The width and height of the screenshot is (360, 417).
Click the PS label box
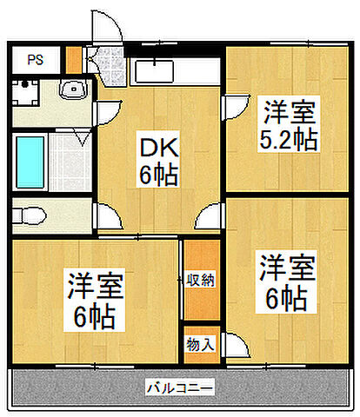coord(35,60)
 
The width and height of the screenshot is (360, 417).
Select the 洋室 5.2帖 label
coord(286,125)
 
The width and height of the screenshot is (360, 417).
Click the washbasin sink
coord(71,89)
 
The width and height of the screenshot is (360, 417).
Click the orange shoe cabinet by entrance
coord(75,58)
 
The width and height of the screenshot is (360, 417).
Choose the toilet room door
coord(103,215)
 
